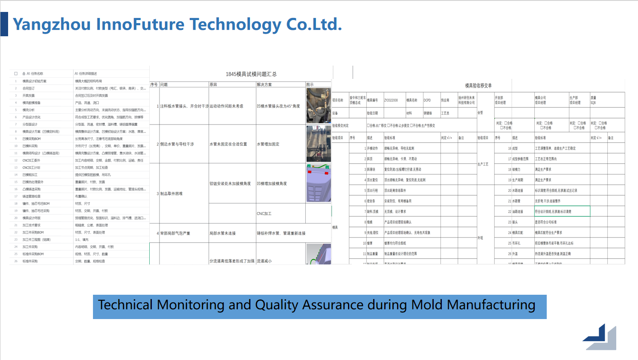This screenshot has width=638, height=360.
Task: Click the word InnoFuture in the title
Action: coord(140,24)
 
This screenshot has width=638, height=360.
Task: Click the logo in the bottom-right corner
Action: coord(600,337)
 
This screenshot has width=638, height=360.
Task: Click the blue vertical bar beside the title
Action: coord(4,24)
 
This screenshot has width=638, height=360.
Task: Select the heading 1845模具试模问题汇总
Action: coord(251,74)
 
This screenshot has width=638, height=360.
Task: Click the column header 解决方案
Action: coord(264,84)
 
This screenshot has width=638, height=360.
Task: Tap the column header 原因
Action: coord(214,84)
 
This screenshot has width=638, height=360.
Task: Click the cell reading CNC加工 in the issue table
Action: coord(264,214)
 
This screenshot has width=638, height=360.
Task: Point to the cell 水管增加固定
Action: coord(268,144)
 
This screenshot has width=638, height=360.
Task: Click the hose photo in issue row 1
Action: coord(318,105)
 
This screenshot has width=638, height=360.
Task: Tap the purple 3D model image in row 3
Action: coord(318,183)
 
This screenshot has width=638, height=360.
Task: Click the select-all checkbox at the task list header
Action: coord(16,74)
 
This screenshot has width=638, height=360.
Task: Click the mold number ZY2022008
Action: coord(391,100)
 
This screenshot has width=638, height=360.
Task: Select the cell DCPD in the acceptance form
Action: coord(427,100)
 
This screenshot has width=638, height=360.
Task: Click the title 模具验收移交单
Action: coord(478,86)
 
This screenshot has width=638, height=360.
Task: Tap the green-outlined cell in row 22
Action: coord(562,211)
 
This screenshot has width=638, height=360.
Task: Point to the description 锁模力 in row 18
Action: coord(516,169)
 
